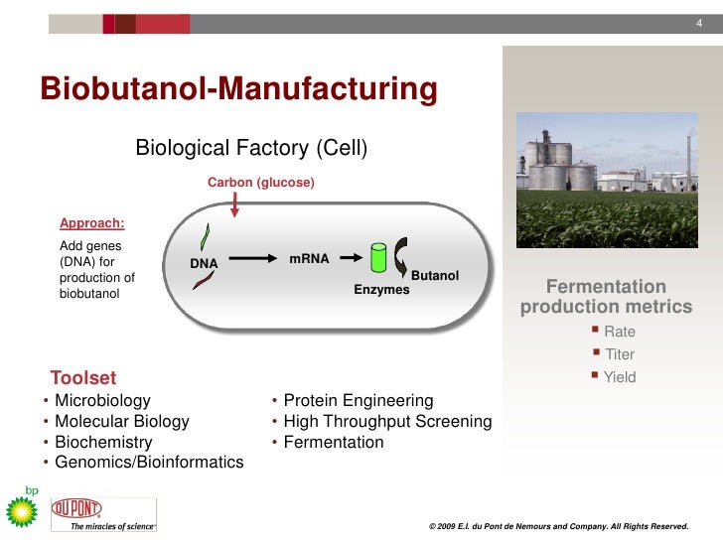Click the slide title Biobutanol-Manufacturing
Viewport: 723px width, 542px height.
pyautogui.click(x=238, y=89)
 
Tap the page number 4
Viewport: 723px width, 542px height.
pyautogui.click(x=698, y=24)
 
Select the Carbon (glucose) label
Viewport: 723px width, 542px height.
pyautogui.click(x=260, y=183)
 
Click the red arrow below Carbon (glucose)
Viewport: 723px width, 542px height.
pyautogui.click(x=234, y=203)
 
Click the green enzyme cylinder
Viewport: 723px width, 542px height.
pyautogui.click(x=378, y=258)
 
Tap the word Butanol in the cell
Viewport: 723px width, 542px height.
pyautogui.click(x=434, y=275)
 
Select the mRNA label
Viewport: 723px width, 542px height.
pyautogui.click(x=309, y=258)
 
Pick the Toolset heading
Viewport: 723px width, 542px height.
pyautogui.click(x=83, y=377)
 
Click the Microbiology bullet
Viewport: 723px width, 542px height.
pyautogui.click(x=102, y=400)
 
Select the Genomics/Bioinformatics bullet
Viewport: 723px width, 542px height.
pyautogui.click(x=149, y=463)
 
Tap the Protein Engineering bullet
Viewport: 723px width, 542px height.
pyautogui.click(x=358, y=400)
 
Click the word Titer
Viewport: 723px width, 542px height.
pyautogui.click(x=619, y=354)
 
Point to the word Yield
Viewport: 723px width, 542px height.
pyautogui.click(x=620, y=377)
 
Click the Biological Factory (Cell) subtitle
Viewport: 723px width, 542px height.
pyautogui.click(x=251, y=149)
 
